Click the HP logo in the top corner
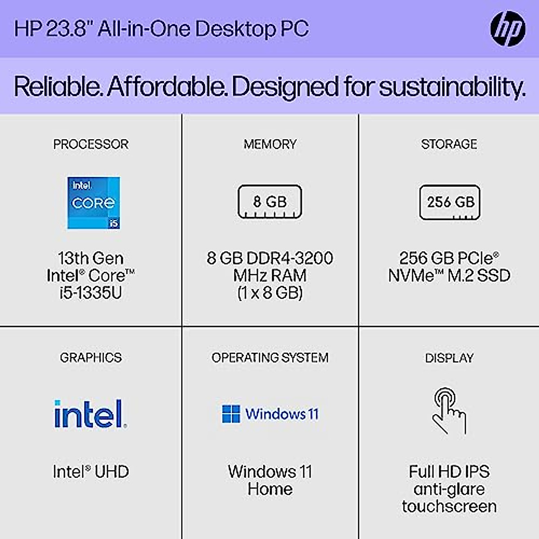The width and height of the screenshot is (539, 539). click(x=508, y=28)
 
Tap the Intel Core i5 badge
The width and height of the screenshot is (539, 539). click(x=93, y=203)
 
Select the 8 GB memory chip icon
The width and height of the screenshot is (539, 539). click(x=269, y=202)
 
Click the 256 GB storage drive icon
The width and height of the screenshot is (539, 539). click(x=450, y=202)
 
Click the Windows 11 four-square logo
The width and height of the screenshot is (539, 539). click(x=231, y=414)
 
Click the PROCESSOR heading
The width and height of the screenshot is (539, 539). click(x=91, y=144)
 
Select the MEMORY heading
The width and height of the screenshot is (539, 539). click(x=270, y=144)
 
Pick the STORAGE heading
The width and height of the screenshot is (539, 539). click(x=449, y=144)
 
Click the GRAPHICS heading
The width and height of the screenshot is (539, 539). click(x=91, y=358)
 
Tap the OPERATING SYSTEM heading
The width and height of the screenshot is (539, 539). click(x=270, y=358)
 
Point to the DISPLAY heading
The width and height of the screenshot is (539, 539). click(x=449, y=358)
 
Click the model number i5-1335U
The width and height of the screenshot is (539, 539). click(x=91, y=293)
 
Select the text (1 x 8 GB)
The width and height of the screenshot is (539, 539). click(x=270, y=293)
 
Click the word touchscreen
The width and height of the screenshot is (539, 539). click(x=449, y=506)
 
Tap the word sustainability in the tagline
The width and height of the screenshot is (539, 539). click(x=451, y=86)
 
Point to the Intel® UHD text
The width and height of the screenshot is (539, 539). click(x=91, y=472)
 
